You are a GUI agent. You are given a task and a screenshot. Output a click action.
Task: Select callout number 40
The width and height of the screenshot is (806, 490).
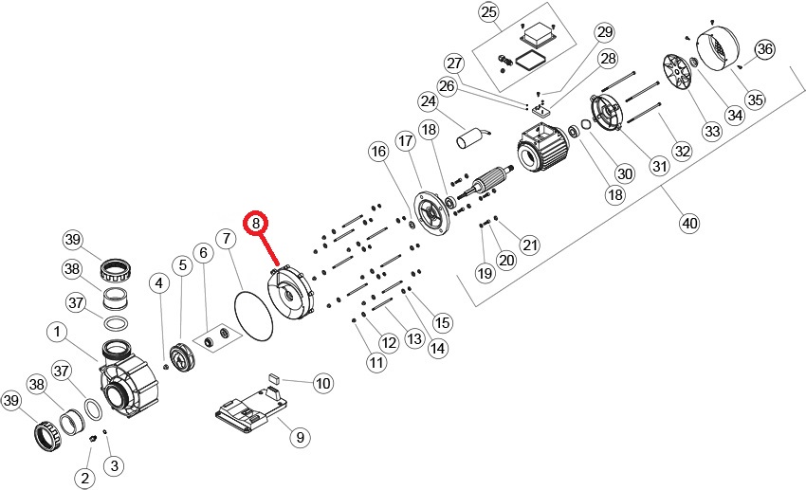689,224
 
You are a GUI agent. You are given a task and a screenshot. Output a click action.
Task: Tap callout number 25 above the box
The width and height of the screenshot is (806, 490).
489,12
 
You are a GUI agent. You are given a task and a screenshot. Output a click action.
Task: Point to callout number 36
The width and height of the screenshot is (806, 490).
765,49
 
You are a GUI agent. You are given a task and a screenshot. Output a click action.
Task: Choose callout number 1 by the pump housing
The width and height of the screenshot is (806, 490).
58,332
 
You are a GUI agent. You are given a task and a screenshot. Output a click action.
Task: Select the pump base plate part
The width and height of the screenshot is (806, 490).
249,409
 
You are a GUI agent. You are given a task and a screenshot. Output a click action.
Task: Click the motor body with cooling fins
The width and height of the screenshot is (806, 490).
540,147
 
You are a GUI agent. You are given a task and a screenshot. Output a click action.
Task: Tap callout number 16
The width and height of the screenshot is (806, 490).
379,152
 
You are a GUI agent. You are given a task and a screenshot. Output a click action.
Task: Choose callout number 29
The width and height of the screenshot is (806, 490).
605,32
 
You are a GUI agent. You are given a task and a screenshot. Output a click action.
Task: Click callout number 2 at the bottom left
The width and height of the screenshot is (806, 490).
84,479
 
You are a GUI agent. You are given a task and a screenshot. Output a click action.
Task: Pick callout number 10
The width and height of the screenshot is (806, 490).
323,383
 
